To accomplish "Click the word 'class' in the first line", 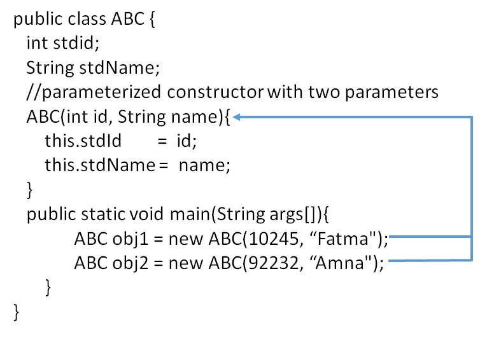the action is coord(87,19).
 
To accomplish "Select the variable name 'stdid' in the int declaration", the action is coord(76,43).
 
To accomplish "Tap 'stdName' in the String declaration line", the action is coord(119,67).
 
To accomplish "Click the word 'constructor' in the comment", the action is coord(215,92).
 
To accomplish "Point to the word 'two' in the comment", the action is coord(324,92).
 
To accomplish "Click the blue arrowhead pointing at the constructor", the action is coord(236,117).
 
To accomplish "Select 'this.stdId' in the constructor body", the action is coord(83,141).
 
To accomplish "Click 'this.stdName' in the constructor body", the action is coord(100,165).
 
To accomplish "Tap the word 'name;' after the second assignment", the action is coord(204,166).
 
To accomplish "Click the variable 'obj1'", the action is coord(131,239).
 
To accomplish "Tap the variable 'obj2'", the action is coord(131,263).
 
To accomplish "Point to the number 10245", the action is coord(273,239).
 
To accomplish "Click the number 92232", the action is coord(273,263).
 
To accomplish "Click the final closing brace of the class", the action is coord(16,312).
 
